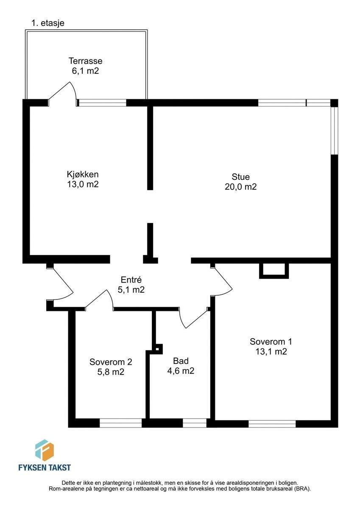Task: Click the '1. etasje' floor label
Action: pos(48,23)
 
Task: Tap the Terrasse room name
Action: pos(85,61)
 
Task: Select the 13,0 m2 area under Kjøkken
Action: pos(83,184)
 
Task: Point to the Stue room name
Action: pos(240,177)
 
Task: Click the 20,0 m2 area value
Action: pos(240,187)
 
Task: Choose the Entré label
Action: pos(131,280)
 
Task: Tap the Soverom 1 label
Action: pos(271,341)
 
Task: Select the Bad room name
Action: pos(181,361)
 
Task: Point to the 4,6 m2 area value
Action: pos(181,371)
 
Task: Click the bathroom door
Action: pos(193,318)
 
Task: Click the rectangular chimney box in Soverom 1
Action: pos(273,270)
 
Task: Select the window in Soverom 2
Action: pos(120,423)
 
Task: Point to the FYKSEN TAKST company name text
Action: pos(45,467)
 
